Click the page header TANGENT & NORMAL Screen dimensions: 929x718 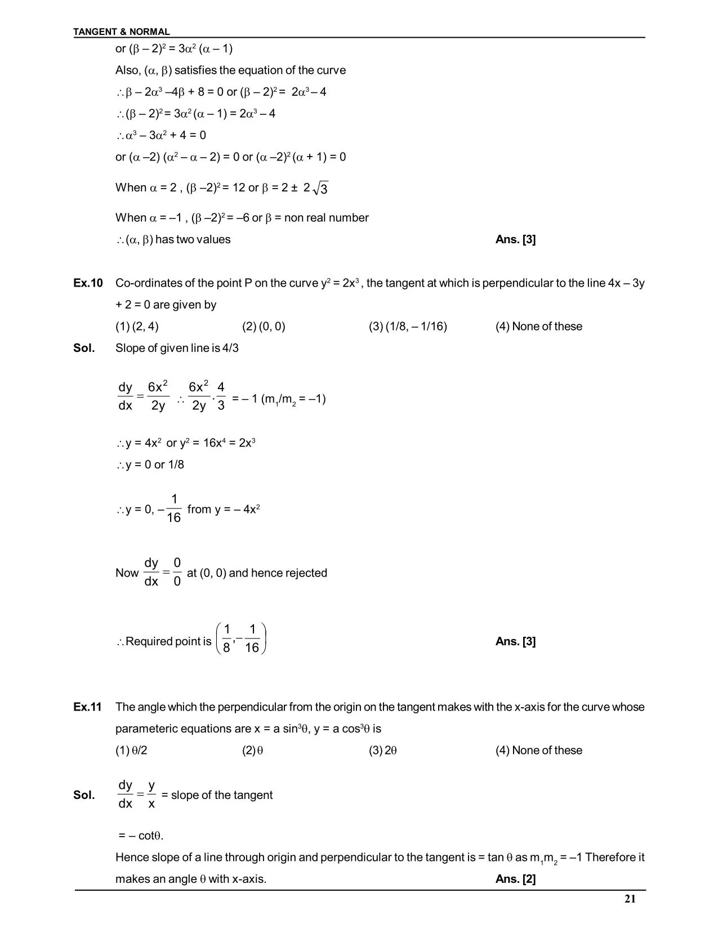tap(122, 32)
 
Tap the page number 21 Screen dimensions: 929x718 tap(630, 899)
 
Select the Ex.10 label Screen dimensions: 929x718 tap(88, 283)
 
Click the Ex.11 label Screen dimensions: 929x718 tap(87, 707)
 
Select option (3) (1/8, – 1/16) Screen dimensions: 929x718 tap(408, 327)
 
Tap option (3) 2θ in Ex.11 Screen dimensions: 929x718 tap(383, 751)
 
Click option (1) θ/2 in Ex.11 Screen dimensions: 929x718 tap(131, 751)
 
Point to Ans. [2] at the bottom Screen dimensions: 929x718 tap(515, 879)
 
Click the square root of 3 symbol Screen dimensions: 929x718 tap(320, 189)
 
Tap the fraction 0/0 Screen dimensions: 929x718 tap(177, 572)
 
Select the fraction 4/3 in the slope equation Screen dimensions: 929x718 tap(221, 396)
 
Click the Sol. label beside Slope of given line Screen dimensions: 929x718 tap(84, 349)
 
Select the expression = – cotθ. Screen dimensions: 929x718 tap(141, 836)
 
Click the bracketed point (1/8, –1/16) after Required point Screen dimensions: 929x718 tap(241, 639)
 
